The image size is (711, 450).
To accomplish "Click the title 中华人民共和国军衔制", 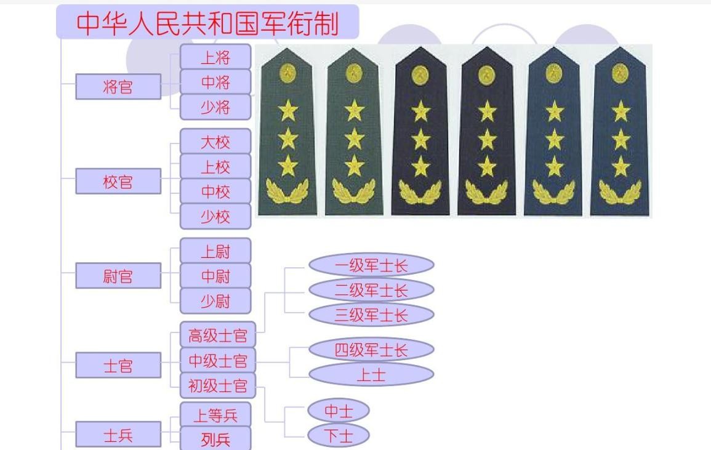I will (207, 23).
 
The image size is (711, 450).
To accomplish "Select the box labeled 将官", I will (118, 87).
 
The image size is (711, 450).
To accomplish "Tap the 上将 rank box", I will (215, 57).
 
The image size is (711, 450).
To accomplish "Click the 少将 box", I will (215, 107).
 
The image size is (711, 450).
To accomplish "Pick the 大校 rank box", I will (215, 142).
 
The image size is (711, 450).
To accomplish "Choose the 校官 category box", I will (118, 182).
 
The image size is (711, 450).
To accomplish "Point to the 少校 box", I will (215, 217).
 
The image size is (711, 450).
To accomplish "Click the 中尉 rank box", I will (215, 276).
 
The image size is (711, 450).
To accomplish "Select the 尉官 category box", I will (118, 276).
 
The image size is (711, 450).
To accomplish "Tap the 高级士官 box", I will (217, 335).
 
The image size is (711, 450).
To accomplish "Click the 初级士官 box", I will (217, 386).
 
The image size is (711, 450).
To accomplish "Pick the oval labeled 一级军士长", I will (371, 266).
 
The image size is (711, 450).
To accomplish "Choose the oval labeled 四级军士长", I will (371, 350).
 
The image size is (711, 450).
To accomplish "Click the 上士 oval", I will (371, 375).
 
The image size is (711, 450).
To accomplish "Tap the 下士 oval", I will (338, 436).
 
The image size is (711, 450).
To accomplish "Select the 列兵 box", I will (215, 439).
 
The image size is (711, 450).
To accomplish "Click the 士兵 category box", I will (118, 435).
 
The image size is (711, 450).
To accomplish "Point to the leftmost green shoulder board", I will (287, 132).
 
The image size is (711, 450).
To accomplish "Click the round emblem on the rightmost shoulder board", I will (620, 74).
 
